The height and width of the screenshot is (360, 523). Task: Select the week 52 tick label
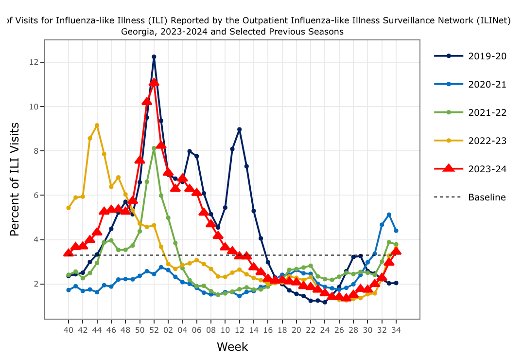click(154, 329)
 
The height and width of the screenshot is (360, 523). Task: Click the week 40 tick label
click(69, 329)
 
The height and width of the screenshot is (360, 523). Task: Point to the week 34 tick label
click(396, 329)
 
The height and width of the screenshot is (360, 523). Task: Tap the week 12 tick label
click(240, 329)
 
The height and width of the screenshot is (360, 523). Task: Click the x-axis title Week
click(232, 347)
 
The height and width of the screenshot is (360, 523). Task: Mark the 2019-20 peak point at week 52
click(154, 57)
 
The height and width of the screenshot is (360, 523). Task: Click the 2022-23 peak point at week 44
click(97, 126)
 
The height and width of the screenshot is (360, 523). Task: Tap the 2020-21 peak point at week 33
click(389, 215)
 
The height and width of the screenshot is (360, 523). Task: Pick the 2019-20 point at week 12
click(240, 129)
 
